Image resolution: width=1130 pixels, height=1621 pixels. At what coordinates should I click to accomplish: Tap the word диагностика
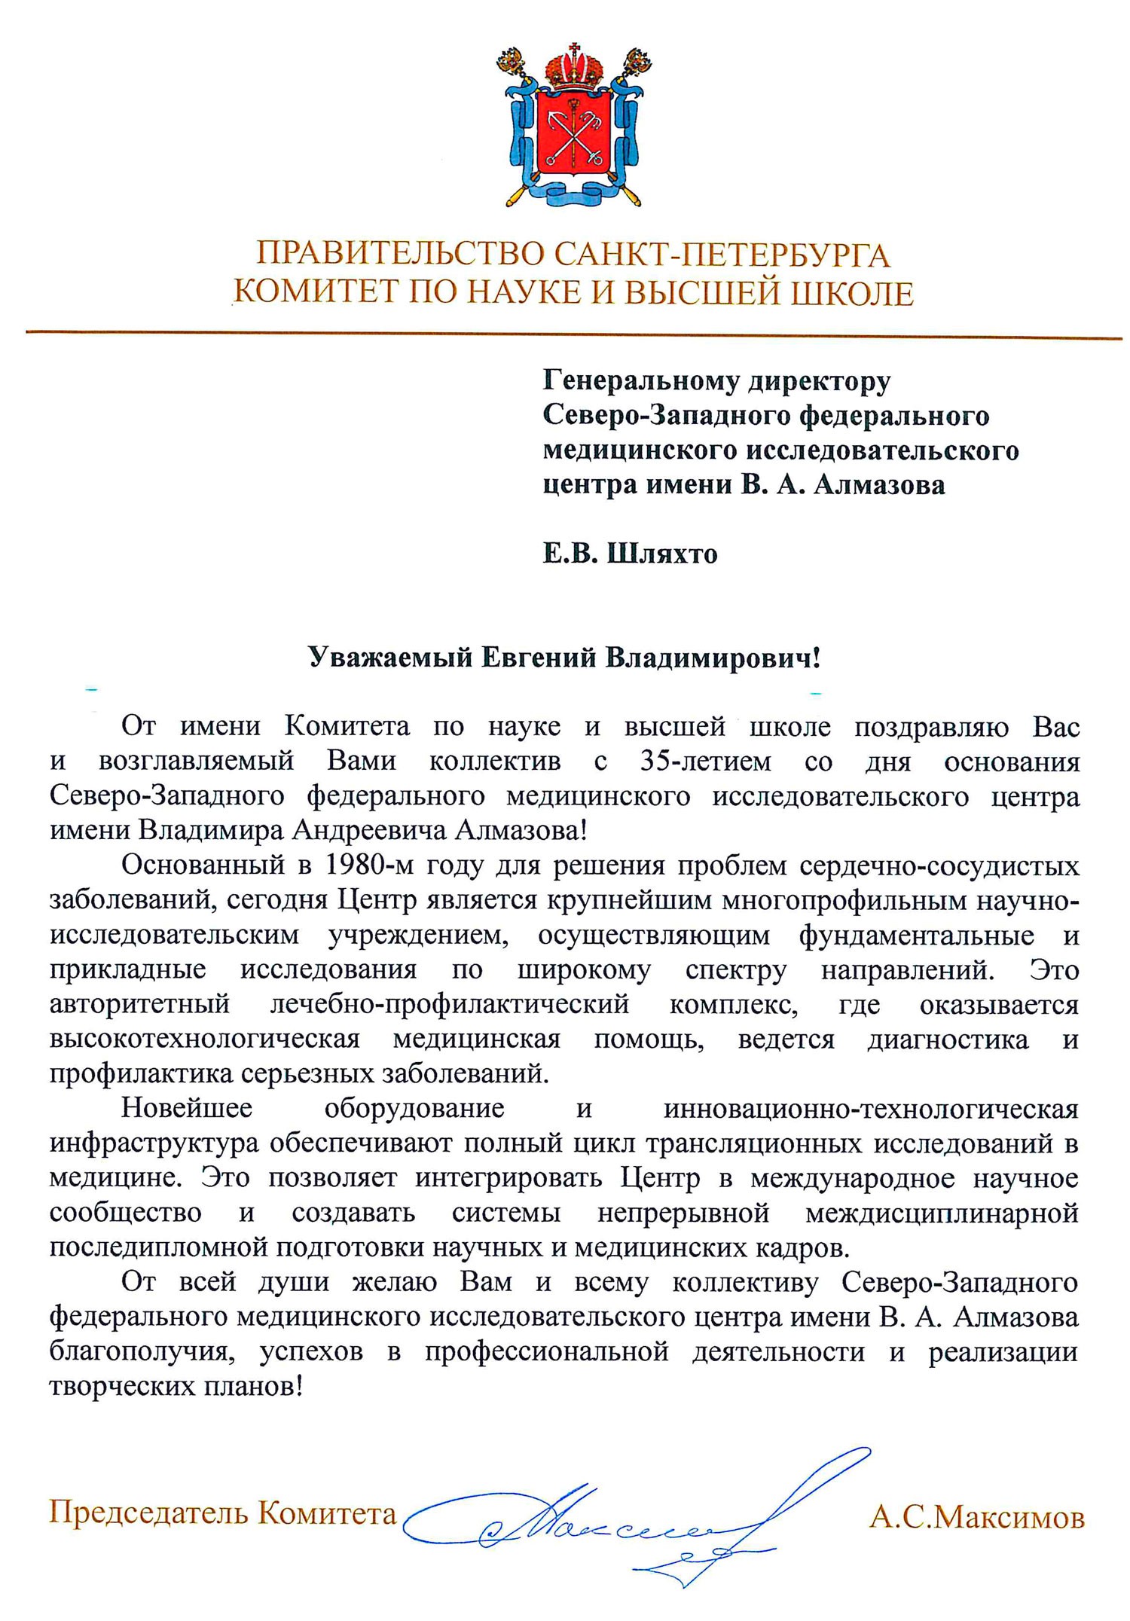coord(947,1039)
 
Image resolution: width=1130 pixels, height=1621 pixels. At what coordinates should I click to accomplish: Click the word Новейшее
coord(187,1108)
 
